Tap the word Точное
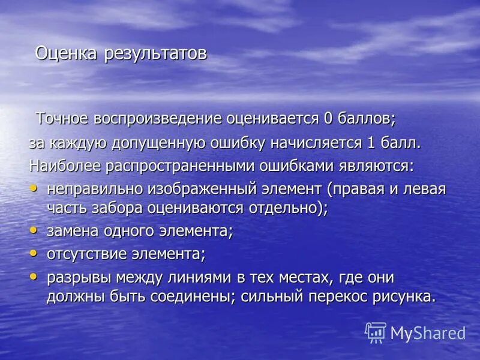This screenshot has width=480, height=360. [62, 118]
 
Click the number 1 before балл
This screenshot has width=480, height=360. [372, 143]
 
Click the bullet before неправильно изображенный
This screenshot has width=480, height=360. [33, 188]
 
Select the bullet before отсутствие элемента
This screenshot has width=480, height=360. [33, 253]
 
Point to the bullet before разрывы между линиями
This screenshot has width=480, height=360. [33, 276]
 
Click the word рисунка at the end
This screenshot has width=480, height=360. [405, 297]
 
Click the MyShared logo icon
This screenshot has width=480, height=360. [376, 332]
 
